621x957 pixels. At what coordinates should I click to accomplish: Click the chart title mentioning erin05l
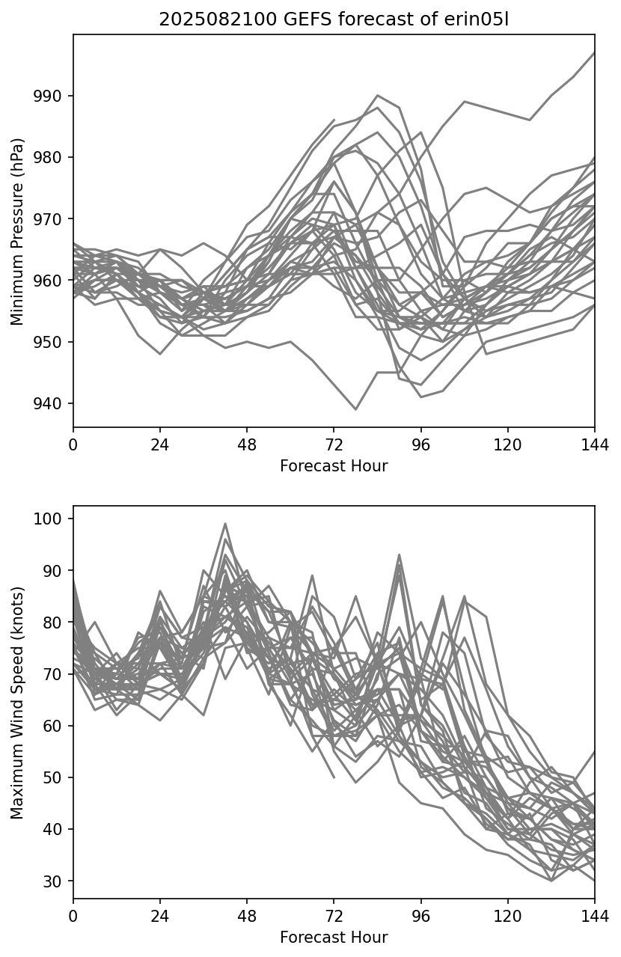coord(334,20)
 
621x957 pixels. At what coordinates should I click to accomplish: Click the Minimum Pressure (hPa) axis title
coord(18,231)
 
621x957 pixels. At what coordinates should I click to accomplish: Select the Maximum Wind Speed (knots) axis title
coord(18,702)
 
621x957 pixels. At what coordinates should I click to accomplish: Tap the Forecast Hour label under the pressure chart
coord(334,466)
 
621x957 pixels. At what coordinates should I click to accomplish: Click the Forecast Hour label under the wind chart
coord(334,938)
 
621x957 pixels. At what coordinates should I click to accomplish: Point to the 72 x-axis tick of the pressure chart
coord(334,444)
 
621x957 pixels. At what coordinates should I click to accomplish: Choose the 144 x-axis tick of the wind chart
coord(595,916)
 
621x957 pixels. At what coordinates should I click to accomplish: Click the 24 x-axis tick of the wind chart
coord(160,916)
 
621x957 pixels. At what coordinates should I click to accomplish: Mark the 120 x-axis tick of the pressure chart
coord(508,444)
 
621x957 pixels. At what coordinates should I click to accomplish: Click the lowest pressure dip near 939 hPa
coord(355,409)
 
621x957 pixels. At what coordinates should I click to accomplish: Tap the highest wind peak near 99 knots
coord(225,524)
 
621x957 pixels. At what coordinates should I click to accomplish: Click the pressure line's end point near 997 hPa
coord(594,53)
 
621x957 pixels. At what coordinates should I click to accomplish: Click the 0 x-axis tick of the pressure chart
coord(73,444)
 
